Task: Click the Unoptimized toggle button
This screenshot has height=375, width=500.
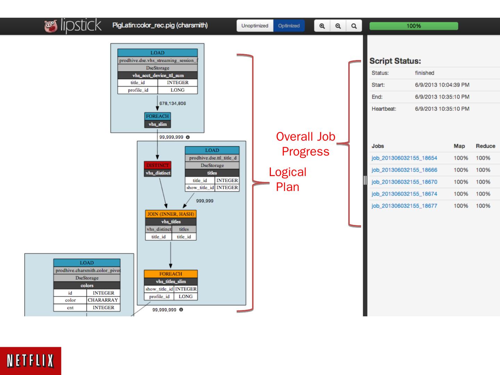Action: pyautogui.click(x=255, y=26)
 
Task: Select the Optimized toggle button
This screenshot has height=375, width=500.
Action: pyautogui.click(x=289, y=26)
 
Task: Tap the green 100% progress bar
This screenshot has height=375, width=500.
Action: pyautogui.click(x=414, y=26)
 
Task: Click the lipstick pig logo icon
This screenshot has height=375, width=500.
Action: pyautogui.click(x=51, y=26)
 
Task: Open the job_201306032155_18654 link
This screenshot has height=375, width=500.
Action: pyautogui.click(x=404, y=158)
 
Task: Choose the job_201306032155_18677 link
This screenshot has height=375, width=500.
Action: pyautogui.click(x=404, y=206)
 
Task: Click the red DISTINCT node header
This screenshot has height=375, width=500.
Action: pyautogui.click(x=158, y=165)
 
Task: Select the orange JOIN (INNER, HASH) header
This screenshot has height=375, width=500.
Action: pyautogui.click(x=170, y=214)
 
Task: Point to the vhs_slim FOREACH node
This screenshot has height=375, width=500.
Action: pyautogui.click(x=158, y=120)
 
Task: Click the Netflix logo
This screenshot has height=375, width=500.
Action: pyautogui.click(x=31, y=361)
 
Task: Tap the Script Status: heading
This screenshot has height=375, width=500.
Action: pyautogui.click(x=395, y=61)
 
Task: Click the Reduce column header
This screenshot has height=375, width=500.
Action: pyautogui.click(x=485, y=146)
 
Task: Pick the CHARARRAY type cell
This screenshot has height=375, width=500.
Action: pyautogui.click(x=103, y=300)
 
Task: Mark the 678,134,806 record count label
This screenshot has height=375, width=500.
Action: pyautogui.click(x=173, y=103)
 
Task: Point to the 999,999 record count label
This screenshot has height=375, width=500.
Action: pyautogui.click(x=205, y=201)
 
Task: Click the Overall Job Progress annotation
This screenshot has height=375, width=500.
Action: pyautogui.click(x=306, y=144)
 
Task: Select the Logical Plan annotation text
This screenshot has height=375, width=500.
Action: pyautogui.click(x=287, y=179)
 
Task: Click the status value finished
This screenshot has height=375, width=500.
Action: pyautogui.click(x=424, y=73)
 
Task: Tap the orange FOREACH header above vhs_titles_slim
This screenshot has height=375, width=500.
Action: pyautogui.click(x=170, y=274)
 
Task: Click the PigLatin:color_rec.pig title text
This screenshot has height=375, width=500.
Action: pyautogui.click(x=160, y=25)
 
